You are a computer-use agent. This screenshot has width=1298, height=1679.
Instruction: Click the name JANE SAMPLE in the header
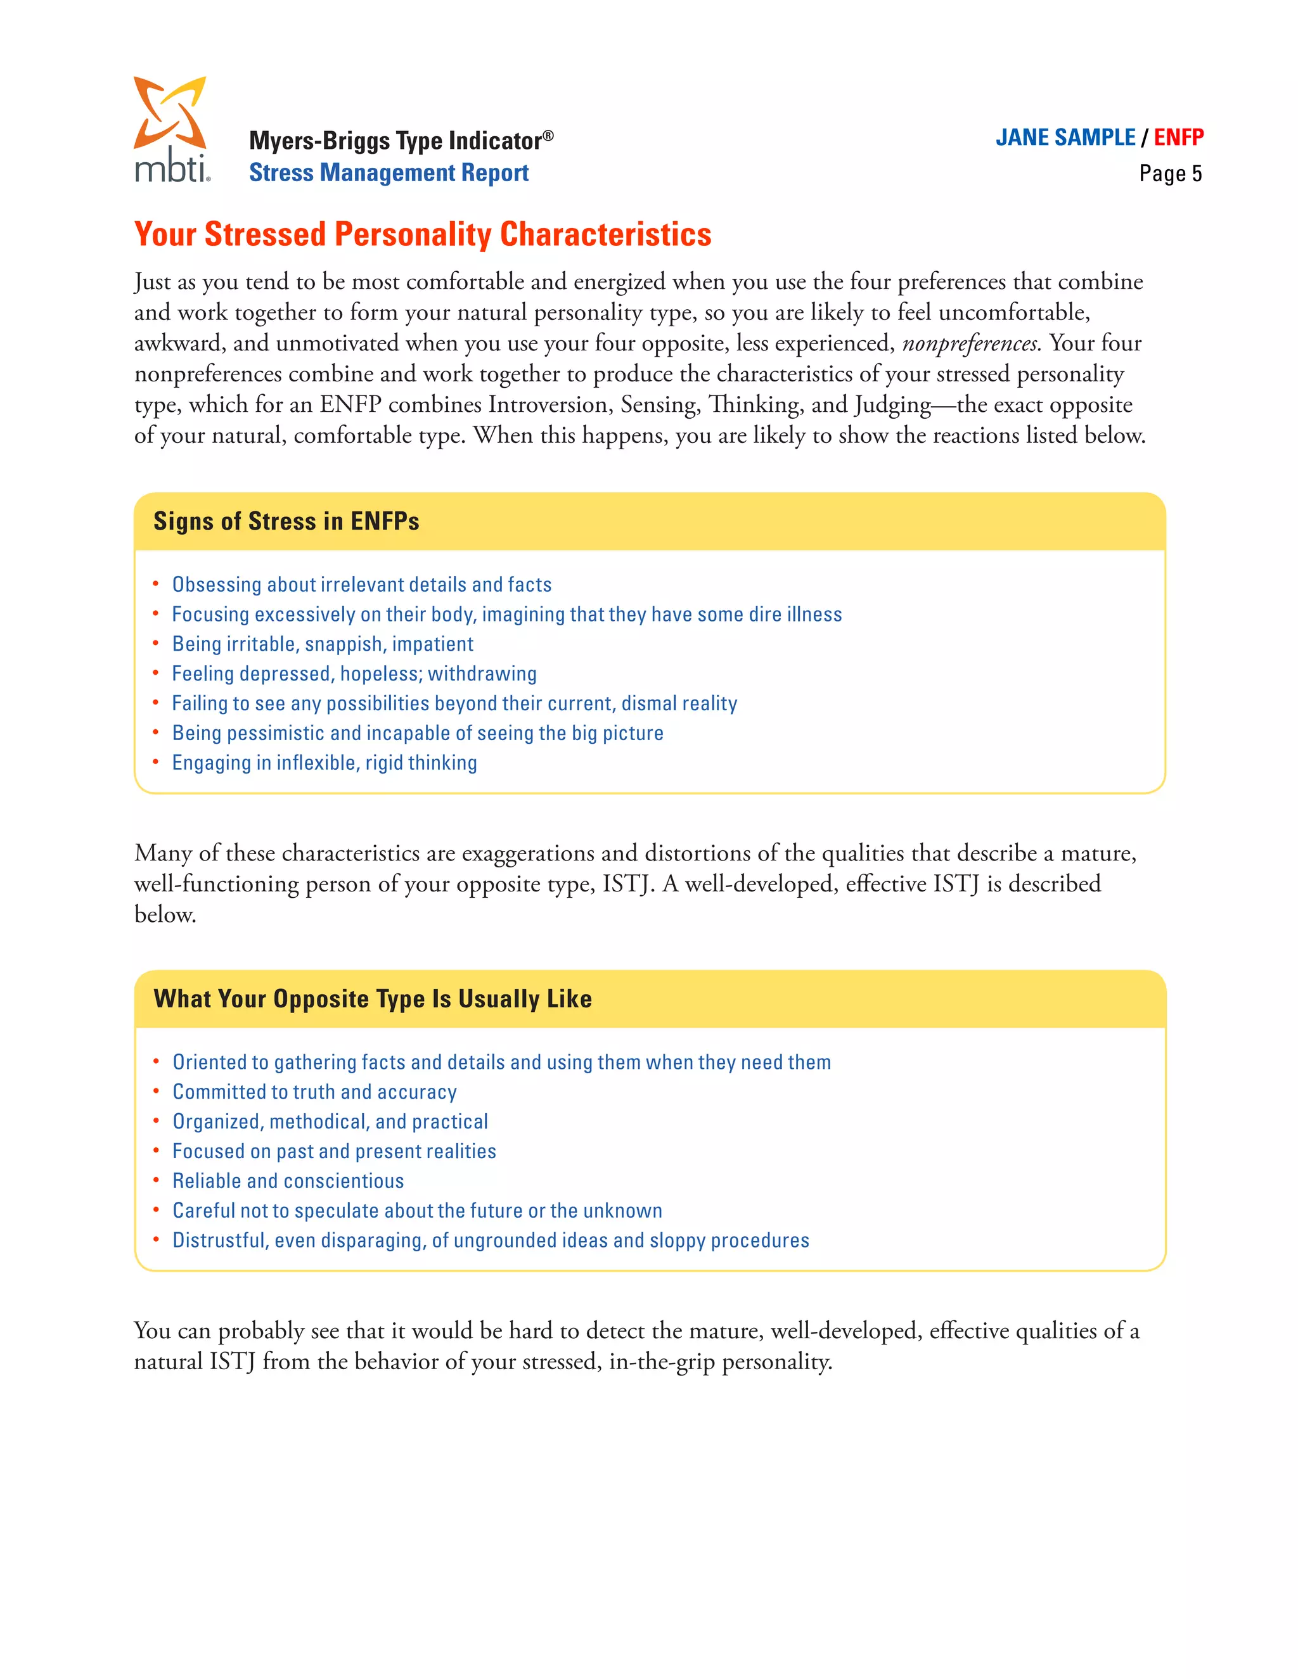pos(1064,137)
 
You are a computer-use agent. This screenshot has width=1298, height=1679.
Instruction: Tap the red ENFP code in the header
pos(1178,137)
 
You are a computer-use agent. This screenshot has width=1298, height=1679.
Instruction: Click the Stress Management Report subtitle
pos(389,173)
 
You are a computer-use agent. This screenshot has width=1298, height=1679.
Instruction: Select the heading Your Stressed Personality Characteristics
pos(422,234)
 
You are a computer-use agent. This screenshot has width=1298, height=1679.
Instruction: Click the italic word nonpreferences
pos(971,343)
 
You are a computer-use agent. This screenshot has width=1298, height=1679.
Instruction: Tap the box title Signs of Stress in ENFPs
pos(286,521)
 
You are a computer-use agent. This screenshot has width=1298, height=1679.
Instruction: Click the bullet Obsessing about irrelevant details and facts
pos(361,585)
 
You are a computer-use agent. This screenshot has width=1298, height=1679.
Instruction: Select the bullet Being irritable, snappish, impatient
pos(322,644)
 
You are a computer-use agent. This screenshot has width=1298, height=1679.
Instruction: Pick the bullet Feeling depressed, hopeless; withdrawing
pos(354,674)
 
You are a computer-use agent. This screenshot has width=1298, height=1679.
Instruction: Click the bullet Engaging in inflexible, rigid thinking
pos(324,763)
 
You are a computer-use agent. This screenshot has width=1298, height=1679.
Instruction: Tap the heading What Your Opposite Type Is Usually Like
pos(372,999)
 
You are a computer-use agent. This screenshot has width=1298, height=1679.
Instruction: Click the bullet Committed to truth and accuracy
pos(314,1092)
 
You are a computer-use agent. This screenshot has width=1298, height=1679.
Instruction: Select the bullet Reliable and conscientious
pos(288,1182)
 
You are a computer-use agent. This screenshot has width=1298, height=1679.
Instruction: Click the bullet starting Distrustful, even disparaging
pos(490,1241)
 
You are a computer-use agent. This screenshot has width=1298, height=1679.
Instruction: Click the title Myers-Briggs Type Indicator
pos(400,141)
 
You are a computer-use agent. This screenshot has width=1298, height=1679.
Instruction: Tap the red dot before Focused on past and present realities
pos(156,1151)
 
